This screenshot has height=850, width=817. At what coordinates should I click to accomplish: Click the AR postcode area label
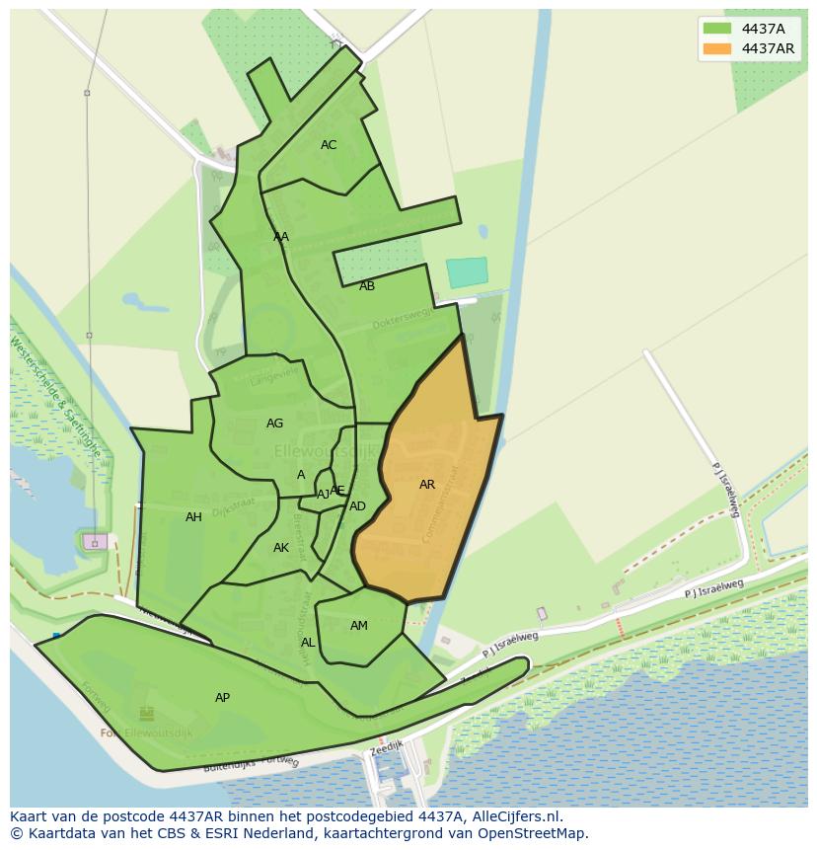point(427,485)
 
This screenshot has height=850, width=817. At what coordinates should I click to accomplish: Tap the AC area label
point(329,145)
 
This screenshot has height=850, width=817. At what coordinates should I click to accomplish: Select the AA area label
point(281,237)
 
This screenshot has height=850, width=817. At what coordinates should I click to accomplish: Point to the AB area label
point(367,286)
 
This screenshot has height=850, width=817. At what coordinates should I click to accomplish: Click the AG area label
point(274,424)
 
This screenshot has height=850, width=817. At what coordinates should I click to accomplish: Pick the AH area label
point(193,517)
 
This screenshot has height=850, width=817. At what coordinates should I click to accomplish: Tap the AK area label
point(281,548)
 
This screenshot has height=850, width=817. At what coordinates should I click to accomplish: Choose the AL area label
point(308,643)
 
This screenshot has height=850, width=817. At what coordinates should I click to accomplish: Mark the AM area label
point(359,626)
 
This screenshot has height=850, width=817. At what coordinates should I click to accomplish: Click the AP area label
point(222,698)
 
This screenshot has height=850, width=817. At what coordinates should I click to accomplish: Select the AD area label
point(357,506)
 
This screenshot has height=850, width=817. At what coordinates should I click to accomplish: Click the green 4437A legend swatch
point(717,29)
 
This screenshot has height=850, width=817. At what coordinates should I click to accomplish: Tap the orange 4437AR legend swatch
point(717,48)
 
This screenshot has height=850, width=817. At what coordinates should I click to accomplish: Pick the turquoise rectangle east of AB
point(467,272)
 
